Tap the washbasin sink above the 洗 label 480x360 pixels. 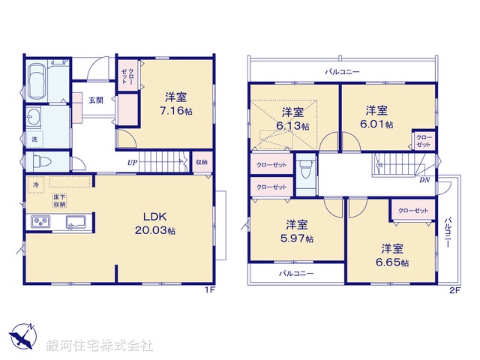pyautogui.click(x=34, y=118)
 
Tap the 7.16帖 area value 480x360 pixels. pyautogui.click(x=178, y=109)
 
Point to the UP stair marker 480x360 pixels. pyautogui.click(x=132, y=163)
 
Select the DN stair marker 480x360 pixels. pyautogui.click(x=424, y=181)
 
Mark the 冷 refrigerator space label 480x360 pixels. pyautogui.click(x=34, y=182)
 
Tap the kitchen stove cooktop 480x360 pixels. pyautogui.click(x=40, y=222)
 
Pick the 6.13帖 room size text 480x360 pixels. pyautogui.click(x=286, y=126)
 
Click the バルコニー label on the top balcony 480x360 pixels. pyautogui.click(x=342, y=71)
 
